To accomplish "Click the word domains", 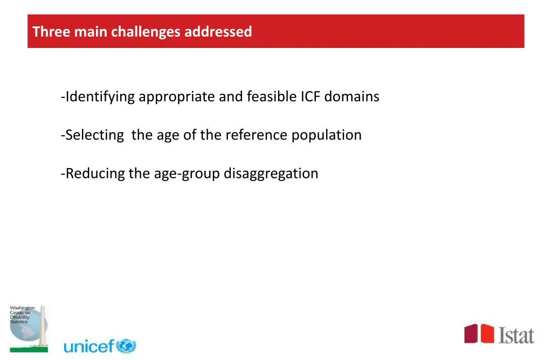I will [351, 97].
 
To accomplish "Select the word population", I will [327, 135].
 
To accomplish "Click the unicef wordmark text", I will [89, 347].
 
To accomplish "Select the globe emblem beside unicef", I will [126, 346].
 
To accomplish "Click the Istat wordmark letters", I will [516, 334].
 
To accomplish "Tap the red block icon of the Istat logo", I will [479, 333].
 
